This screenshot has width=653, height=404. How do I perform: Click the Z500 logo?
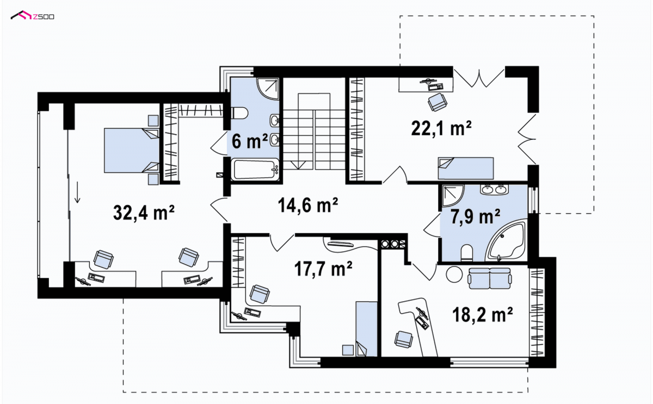pyautogui.click(x=32, y=15)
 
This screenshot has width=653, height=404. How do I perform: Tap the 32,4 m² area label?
pyautogui.click(x=144, y=213)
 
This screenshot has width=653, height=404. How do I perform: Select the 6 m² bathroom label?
pyautogui.click(x=250, y=141)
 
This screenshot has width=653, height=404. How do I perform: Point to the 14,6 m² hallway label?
pyautogui.click(x=308, y=205)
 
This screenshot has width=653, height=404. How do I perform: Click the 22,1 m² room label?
pyautogui.click(x=441, y=128)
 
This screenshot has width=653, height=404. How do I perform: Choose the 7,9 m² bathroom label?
pyautogui.click(x=476, y=216)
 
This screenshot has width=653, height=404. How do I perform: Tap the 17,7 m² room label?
pyautogui.click(x=323, y=269)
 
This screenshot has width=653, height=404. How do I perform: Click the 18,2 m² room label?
pyautogui.click(x=483, y=315)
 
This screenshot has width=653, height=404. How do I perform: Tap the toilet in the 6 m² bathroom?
pyautogui.click(x=239, y=113)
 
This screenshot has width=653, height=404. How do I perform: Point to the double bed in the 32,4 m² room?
pyautogui.click(x=132, y=151)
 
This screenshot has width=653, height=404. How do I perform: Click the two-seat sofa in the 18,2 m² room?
pyautogui.click(x=489, y=278)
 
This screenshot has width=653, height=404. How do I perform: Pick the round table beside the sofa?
pyautogui.click(x=454, y=275)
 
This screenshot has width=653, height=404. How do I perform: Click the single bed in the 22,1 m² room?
pyautogui.click(x=466, y=169)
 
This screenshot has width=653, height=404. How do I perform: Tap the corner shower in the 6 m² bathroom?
pyautogui.click(x=268, y=89)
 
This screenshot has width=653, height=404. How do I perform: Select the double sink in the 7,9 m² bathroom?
pyautogui.click(x=494, y=189)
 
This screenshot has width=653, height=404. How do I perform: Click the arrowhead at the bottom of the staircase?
pyautogui.click(x=298, y=165)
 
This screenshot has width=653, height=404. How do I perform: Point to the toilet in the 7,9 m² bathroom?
pyautogui.click(x=467, y=252)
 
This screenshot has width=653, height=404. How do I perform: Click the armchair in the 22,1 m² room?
pyautogui.click(x=438, y=102)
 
